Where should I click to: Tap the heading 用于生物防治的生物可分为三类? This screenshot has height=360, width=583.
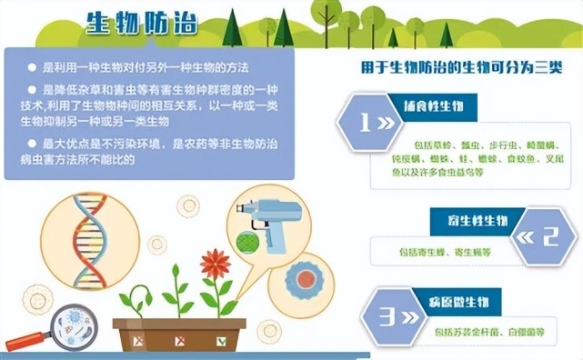461,68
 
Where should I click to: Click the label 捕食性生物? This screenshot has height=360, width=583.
432,106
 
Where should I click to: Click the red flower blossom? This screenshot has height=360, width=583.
216,265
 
